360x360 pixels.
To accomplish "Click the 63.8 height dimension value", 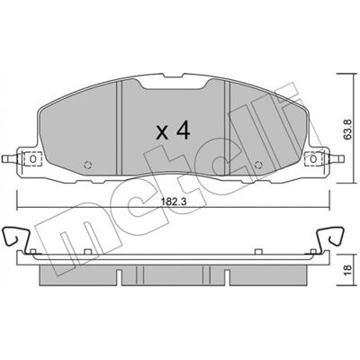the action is click(347, 129).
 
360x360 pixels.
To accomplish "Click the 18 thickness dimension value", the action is click(347, 271).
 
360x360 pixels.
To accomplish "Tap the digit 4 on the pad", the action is click(183, 131).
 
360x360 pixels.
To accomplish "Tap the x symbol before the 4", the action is click(162, 132).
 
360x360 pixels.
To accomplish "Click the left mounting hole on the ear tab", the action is click(33, 158).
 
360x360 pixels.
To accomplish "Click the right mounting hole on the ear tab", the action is click(313, 158).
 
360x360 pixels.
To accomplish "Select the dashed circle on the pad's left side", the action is click(88, 165).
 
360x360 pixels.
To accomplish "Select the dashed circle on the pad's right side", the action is click(258, 165).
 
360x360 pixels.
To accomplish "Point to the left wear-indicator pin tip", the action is click(4, 158).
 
